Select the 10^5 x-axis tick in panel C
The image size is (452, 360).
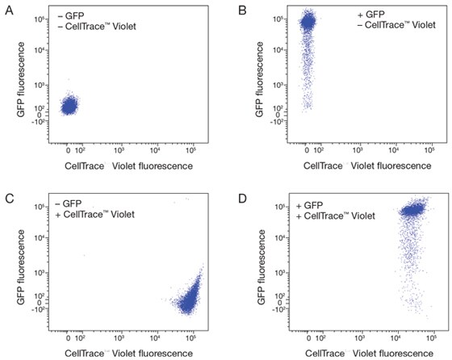click(x=190, y=334)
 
